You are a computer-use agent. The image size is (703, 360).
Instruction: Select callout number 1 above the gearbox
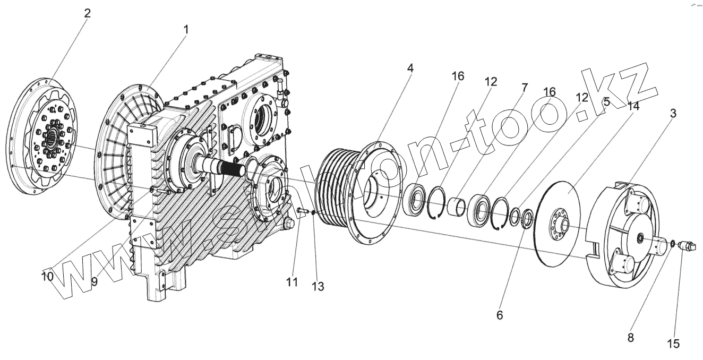pyautogui.click(x=186, y=31)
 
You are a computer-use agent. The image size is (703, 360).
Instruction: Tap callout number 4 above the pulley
pyautogui.click(x=411, y=68)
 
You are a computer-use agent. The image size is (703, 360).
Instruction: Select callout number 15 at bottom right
pyautogui.click(x=673, y=344)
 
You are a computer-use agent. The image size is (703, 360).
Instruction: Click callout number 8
pyautogui.click(x=630, y=338)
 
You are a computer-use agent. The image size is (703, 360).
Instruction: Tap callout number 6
pyautogui.click(x=499, y=314)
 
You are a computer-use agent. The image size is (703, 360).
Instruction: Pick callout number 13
pyautogui.click(x=318, y=286)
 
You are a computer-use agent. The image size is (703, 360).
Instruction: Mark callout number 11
pyautogui.click(x=292, y=282)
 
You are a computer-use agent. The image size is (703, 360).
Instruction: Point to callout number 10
pyautogui.click(x=47, y=276)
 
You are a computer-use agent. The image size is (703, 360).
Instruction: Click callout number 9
pyautogui.click(x=94, y=281)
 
